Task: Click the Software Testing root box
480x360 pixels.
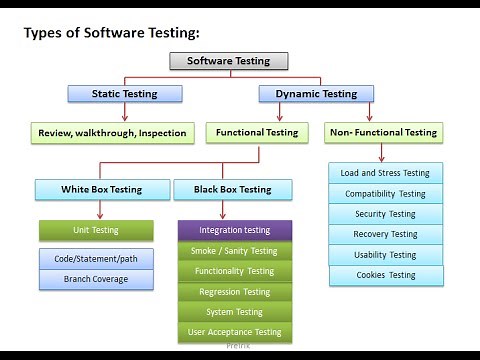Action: [x=228, y=60]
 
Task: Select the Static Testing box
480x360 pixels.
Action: [x=125, y=94]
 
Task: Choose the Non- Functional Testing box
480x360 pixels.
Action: [x=383, y=132]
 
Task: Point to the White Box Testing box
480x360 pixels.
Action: [x=101, y=189]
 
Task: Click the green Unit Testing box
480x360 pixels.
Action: [x=96, y=230]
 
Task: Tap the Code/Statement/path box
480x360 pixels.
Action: [x=96, y=259]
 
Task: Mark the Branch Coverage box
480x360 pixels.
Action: [x=96, y=279]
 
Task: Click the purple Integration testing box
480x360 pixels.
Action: [x=235, y=230]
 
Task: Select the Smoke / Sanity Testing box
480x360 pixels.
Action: [x=235, y=251]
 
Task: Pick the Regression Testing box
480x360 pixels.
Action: [x=235, y=292]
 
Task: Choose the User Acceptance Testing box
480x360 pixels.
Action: [x=235, y=332]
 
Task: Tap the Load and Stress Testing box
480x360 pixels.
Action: [x=385, y=173]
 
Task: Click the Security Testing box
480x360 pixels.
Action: [x=385, y=214]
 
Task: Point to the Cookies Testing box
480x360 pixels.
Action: [x=385, y=275]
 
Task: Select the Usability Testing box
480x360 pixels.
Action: [x=385, y=255]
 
